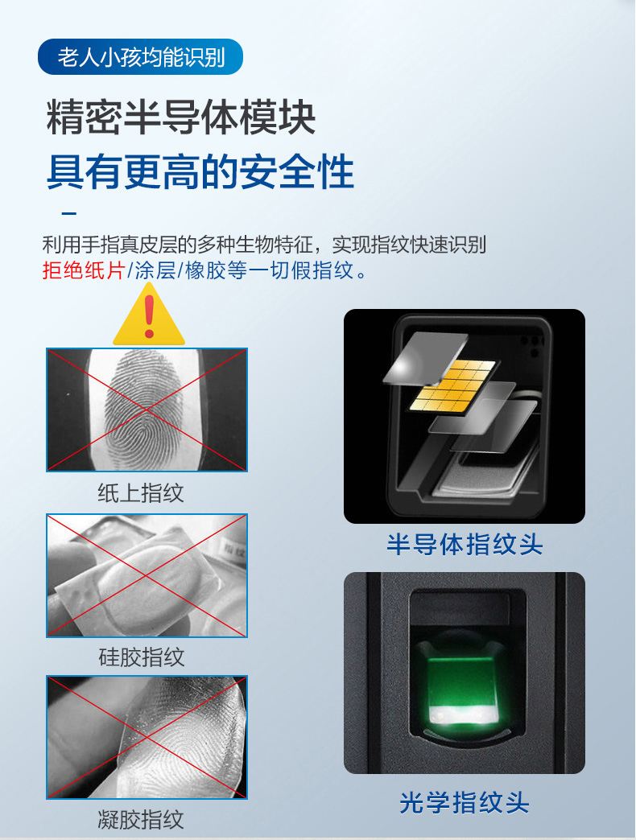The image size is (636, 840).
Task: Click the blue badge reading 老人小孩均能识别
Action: pos(140,57)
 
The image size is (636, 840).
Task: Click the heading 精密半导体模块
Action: pos(180,117)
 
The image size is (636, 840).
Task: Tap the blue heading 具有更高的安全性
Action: pos(200,172)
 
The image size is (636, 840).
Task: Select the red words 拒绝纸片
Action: pos(84,270)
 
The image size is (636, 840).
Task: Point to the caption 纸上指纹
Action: pos(141,493)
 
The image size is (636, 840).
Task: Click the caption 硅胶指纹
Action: pos(142,657)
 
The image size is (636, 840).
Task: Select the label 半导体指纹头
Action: pos(465,544)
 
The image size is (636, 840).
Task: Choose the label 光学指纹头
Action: pos(465,802)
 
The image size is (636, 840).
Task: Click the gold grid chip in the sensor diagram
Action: pos(454,386)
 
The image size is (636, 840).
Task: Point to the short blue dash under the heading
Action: pos(69,214)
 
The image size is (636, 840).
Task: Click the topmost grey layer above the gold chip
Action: pos(426,358)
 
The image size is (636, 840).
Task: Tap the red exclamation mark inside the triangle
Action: pos(150,316)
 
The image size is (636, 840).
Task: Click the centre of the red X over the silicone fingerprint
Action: pos(147,576)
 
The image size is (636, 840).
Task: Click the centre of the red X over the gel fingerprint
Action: pos(147,738)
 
